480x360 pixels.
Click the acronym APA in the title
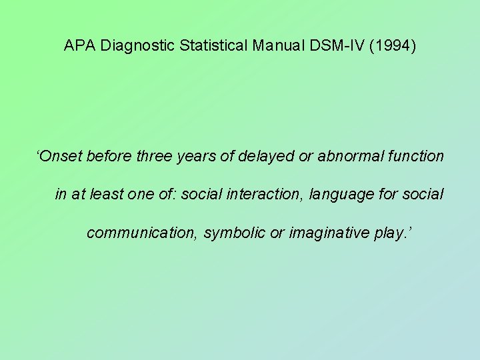[x=77, y=46]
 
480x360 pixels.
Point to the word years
[x=197, y=156]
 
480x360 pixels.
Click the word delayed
[x=267, y=156]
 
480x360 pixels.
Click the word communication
[x=142, y=233]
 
